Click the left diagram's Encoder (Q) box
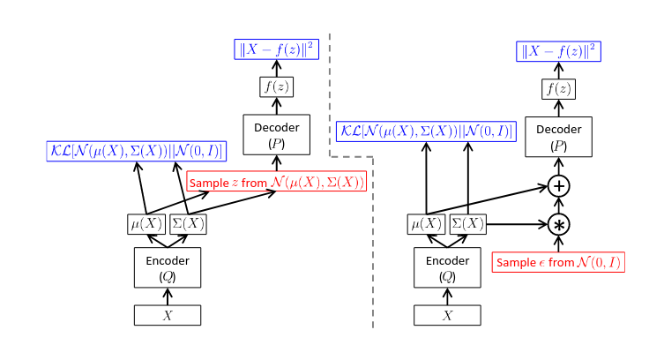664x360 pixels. pyautogui.click(x=168, y=266)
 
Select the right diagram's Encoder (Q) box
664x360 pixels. pyautogui.click(x=448, y=266)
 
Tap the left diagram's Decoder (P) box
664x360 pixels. pyautogui.click(x=276, y=135)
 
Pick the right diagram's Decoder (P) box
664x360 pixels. pyautogui.click(x=558, y=135)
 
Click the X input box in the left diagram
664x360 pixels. pyautogui.click(x=168, y=315)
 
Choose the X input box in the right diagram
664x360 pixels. pyautogui.click(x=448, y=315)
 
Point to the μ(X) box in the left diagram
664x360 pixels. pyautogui.click(x=146, y=224)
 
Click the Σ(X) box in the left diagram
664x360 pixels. pyautogui.click(x=188, y=224)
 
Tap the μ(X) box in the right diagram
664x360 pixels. pyautogui.click(x=427, y=224)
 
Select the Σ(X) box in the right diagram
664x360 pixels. pyautogui.click(x=468, y=224)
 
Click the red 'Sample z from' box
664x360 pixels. pyautogui.click(x=276, y=183)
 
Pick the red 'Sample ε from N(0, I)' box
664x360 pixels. pyautogui.click(x=559, y=262)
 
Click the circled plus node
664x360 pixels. pyautogui.click(x=559, y=186)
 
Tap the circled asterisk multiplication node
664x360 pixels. pyautogui.click(x=559, y=224)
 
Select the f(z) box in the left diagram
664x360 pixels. pyautogui.click(x=276, y=87)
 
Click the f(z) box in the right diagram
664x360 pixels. pyautogui.click(x=558, y=88)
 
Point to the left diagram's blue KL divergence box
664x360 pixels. pyautogui.click(x=137, y=151)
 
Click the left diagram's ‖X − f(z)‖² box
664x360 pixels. pyautogui.click(x=275, y=49)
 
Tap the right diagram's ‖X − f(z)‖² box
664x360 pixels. pyautogui.click(x=558, y=51)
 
